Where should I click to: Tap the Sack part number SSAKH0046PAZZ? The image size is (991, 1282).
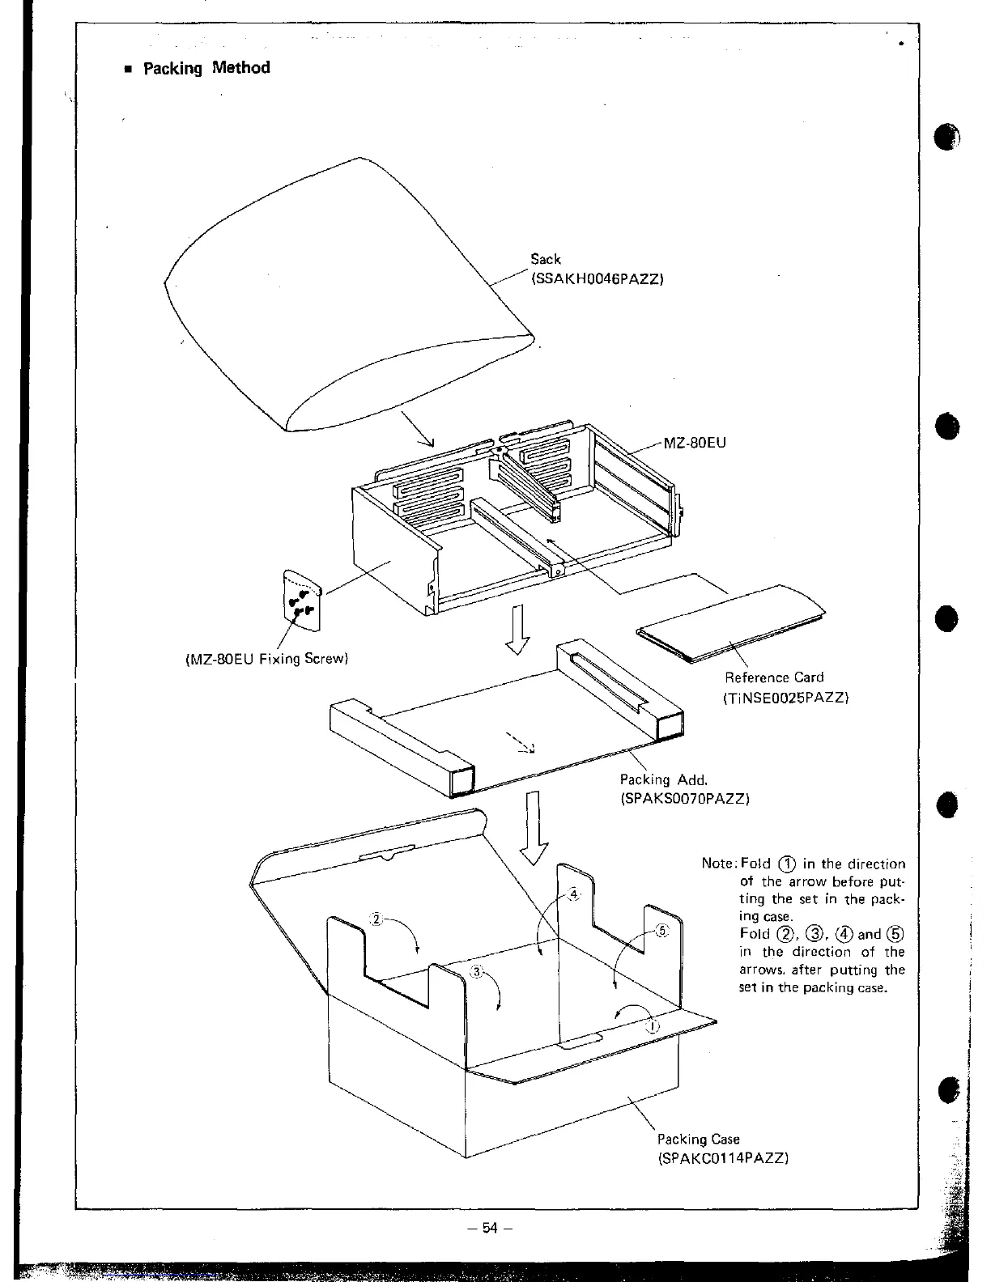pos(597,279)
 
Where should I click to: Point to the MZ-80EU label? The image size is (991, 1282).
pos(695,443)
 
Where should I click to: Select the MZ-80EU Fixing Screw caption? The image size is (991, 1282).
pos(262,659)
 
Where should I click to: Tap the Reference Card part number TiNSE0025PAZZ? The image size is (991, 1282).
pos(785,696)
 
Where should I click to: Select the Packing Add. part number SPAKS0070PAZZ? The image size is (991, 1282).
pos(684,799)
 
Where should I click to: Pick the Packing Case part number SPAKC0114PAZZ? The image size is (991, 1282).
pos(722,1157)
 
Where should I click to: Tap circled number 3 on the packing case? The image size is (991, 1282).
pos(477,972)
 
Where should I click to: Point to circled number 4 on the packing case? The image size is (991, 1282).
pos(574,894)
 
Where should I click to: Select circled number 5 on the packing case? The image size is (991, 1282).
pos(661,931)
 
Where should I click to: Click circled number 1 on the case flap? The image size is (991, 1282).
pos(653,1027)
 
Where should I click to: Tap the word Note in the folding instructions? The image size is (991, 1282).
pos(717,864)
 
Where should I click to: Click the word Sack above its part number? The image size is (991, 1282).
pos(546,259)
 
